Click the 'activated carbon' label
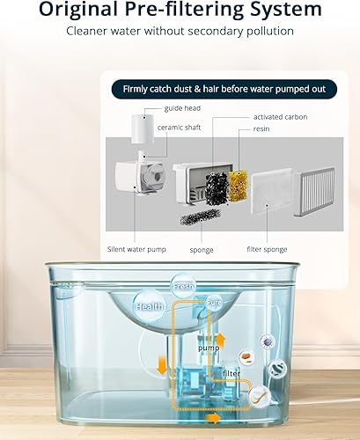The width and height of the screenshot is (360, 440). (x=281, y=117)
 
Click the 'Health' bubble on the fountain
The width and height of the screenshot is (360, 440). (x=149, y=306)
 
